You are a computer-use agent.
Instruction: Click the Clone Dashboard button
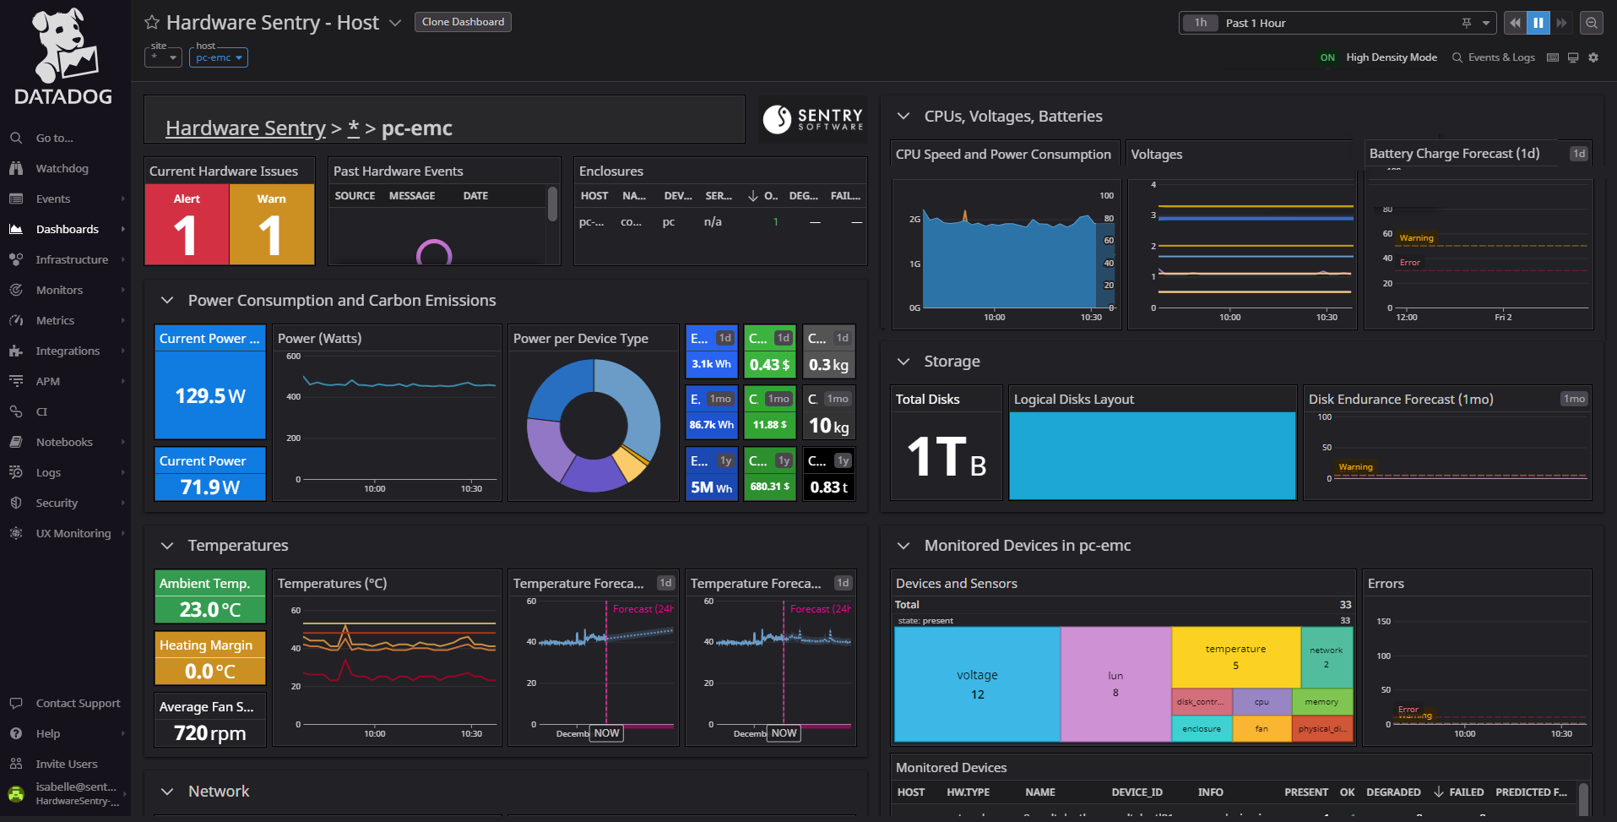coord(463,22)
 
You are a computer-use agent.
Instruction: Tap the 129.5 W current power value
coord(210,395)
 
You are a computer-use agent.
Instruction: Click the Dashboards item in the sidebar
coord(67,229)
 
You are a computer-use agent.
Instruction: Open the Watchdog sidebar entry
coord(62,168)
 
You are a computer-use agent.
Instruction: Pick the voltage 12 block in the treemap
coord(977,684)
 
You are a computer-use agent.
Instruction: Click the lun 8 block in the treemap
coord(1115,684)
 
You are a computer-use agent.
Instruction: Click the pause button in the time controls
coord(1538,23)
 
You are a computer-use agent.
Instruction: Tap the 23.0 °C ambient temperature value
coord(210,609)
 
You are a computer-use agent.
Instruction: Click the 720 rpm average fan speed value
coord(210,732)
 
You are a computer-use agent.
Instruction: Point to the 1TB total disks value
coord(946,457)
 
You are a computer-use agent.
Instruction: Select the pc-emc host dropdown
coord(219,57)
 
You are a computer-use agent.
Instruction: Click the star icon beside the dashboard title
coord(152,23)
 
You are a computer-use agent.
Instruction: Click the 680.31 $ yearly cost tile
coord(769,487)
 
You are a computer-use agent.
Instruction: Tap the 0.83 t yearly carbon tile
coord(828,487)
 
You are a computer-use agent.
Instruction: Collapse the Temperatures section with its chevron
coord(167,546)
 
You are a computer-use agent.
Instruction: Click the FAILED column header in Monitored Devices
coord(1466,792)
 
